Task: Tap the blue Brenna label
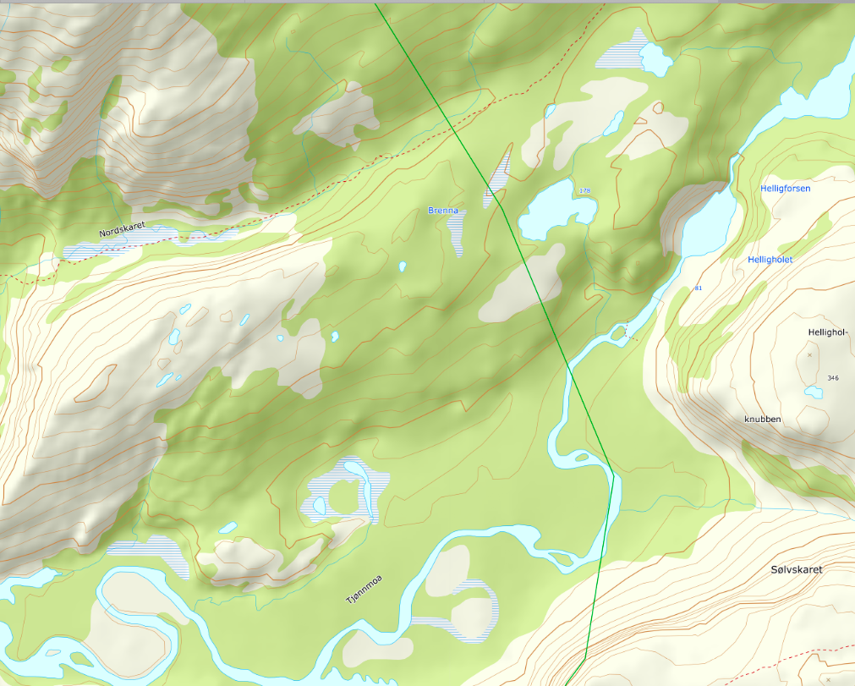click(443, 210)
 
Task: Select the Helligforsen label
click(785, 189)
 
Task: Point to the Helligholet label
click(770, 260)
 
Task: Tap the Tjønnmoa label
click(364, 589)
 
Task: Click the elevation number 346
click(833, 377)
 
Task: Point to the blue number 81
click(698, 289)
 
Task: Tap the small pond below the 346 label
click(814, 392)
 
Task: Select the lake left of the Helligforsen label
click(707, 222)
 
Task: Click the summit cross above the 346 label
click(809, 355)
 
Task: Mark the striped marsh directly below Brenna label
click(458, 233)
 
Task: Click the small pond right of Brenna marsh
click(403, 266)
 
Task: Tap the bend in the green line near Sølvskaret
click(585, 656)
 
